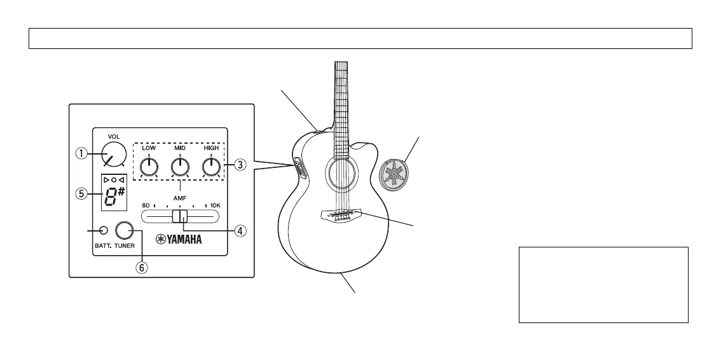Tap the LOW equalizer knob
[x=149, y=167]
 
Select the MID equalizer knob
[x=181, y=167]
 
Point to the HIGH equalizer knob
[x=211, y=167]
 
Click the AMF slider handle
[x=179, y=216]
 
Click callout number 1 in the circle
[x=81, y=153]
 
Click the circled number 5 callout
[x=81, y=195]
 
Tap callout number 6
[x=142, y=268]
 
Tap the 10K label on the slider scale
[x=215, y=206]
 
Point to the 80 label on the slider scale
[x=146, y=206]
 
